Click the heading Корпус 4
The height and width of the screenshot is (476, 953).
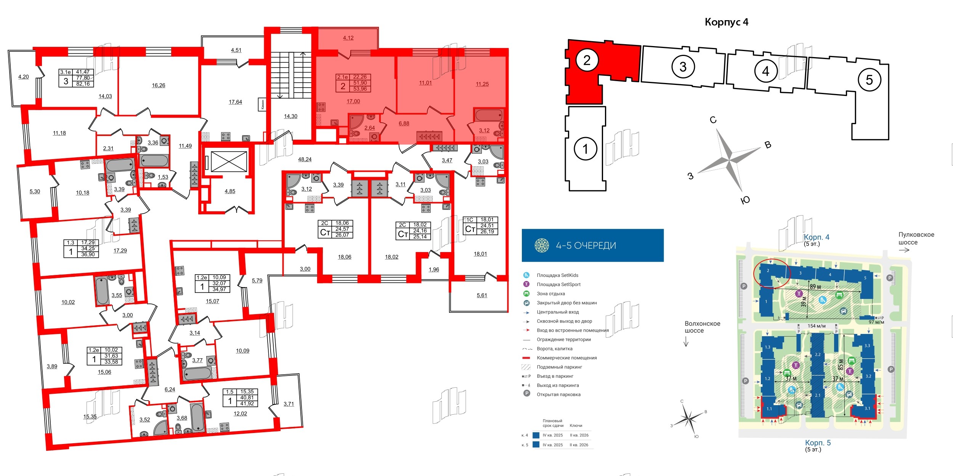pos(726,22)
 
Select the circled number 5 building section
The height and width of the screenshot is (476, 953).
pos(869,80)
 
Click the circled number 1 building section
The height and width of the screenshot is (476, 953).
pos(585,149)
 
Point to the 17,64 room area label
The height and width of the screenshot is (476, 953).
pos(235,102)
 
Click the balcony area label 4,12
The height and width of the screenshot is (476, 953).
pos(348,38)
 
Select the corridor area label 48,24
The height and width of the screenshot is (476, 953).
pos(305,160)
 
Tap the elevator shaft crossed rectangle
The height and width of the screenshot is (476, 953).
pos(229,161)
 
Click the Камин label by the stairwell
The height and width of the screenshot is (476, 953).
pos(262,104)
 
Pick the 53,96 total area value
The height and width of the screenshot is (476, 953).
pos(360,89)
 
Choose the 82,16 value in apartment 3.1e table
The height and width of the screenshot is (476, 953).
pos(83,84)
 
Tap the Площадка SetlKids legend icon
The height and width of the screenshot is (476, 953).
pos(526,275)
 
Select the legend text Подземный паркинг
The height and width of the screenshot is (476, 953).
pos(559,367)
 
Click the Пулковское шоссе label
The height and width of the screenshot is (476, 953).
pos(916,238)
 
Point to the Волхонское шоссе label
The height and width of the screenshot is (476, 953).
pos(702,327)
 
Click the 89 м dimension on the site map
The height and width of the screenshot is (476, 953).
pos(815,287)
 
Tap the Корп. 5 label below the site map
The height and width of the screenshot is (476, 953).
pos(817,443)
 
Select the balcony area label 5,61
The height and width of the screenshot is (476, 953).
pos(482,296)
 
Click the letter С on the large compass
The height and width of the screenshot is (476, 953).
pos(713,120)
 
